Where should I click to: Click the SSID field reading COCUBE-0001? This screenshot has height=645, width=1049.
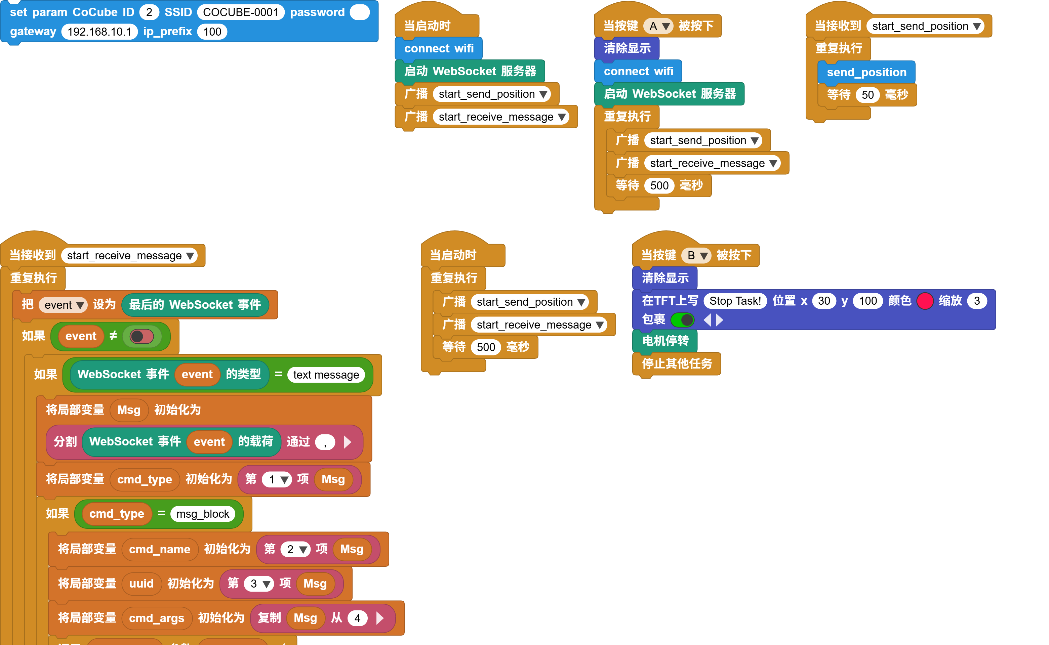(x=240, y=12)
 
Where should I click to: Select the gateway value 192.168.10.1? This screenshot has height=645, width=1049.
(x=99, y=32)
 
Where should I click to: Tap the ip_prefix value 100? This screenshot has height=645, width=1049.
(x=212, y=32)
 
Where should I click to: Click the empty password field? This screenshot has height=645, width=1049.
(x=359, y=12)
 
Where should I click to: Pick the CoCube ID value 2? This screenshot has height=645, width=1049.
(x=149, y=12)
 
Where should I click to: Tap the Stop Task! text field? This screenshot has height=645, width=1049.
(x=735, y=301)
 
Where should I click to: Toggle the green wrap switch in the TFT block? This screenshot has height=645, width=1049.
(x=682, y=319)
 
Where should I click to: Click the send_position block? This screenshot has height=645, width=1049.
(x=866, y=72)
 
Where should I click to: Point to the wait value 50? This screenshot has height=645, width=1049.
(x=867, y=95)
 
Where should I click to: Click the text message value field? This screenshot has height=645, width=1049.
(x=326, y=375)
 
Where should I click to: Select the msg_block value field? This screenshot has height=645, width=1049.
(x=203, y=514)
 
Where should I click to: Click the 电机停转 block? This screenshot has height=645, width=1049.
(x=665, y=341)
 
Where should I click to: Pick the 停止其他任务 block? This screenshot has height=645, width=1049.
(x=677, y=363)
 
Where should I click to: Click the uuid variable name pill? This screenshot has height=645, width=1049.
(x=141, y=584)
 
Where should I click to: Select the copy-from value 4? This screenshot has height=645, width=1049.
(x=357, y=618)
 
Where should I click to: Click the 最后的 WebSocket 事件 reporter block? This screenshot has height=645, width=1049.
(x=195, y=305)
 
